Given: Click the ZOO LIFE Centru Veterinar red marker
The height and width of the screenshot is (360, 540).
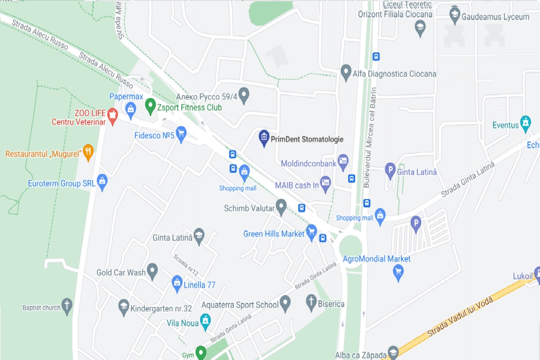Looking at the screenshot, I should tap(112, 116).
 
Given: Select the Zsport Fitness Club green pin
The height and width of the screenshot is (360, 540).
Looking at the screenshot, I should tap(150, 106).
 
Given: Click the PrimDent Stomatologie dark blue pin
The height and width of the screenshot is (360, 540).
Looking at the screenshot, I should tap(264, 138).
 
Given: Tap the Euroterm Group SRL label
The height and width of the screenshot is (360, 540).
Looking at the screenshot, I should tap(54, 184).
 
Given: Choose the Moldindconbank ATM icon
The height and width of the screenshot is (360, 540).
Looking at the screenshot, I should tap(343, 162).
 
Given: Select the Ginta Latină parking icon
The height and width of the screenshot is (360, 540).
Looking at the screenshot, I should tap(390, 170).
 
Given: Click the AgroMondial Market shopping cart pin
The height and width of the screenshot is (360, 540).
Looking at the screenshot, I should tap(398, 272).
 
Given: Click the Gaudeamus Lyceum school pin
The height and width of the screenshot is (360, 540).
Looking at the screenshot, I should tap(455, 15).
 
